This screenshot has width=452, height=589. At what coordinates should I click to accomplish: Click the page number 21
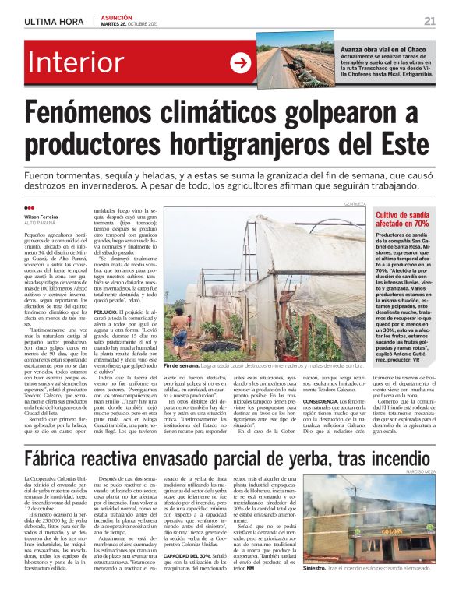pyautogui.click(x=429, y=20)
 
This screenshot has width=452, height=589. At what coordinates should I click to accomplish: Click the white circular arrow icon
pyautogui.click(x=239, y=63)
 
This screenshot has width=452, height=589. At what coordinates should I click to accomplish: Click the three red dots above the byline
pyautogui.click(x=30, y=207)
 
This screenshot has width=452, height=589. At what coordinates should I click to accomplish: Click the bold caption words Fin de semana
pyautogui.click(x=182, y=365)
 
